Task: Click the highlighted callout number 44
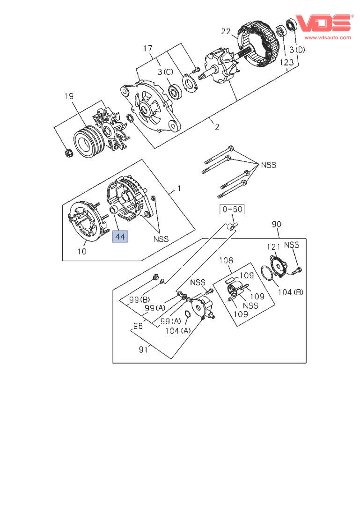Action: click(120, 237)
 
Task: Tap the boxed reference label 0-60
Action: click(232, 210)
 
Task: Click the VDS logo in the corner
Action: click(323, 23)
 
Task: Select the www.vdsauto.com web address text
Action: click(328, 37)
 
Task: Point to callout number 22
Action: click(226, 31)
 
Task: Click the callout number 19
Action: click(69, 96)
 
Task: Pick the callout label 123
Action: click(287, 62)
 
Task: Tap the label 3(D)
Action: click(297, 50)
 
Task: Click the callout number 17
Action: click(148, 48)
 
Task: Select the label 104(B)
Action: click(290, 292)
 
